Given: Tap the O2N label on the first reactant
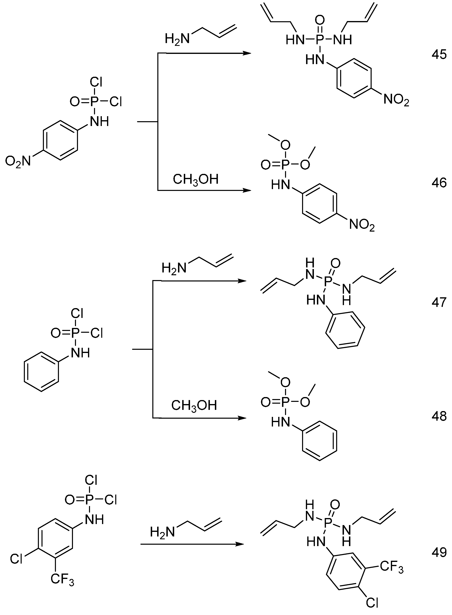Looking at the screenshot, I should click(18, 161).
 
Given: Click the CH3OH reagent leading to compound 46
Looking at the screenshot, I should click(196, 180).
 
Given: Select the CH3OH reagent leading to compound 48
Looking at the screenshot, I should click(194, 405).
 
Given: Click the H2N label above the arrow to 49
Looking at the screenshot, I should click(162, 532).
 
